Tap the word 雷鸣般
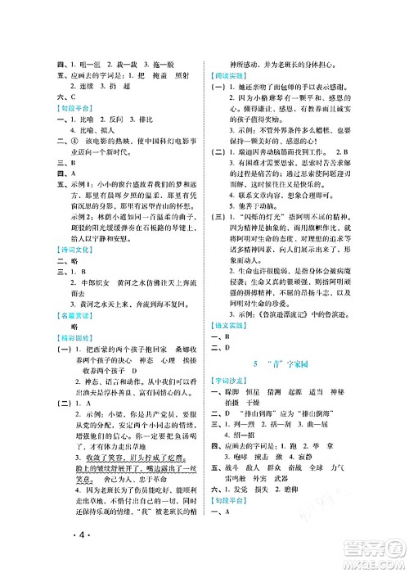click(250, 526)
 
